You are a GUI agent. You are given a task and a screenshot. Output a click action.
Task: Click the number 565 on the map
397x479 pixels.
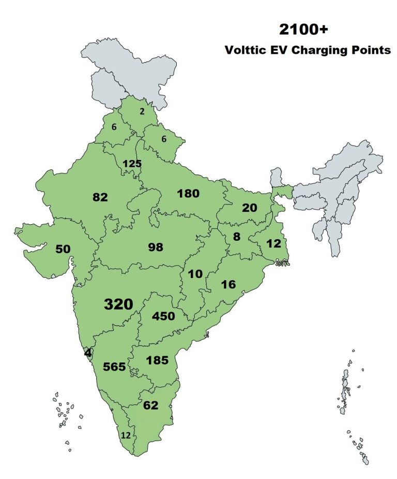(115, 367)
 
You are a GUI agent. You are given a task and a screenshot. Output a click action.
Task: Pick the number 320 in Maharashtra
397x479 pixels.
(118, 304)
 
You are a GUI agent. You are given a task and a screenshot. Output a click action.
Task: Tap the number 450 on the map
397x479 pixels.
(164, 316)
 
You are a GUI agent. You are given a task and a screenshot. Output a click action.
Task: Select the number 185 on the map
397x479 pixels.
(157, 360)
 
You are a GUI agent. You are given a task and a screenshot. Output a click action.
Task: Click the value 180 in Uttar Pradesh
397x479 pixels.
(188, 194)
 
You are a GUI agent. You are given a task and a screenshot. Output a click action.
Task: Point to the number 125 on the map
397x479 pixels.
(132, 164)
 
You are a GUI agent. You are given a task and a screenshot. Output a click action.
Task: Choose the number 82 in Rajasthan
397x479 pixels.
(100, 197)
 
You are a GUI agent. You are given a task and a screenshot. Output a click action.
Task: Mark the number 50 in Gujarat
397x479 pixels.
(63, 249)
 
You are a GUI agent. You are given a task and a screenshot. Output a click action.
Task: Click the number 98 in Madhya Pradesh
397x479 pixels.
(155, 247)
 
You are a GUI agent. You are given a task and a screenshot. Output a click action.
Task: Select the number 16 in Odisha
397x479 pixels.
(228, 284)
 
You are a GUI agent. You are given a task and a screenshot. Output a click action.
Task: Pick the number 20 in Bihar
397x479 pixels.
(249, 208)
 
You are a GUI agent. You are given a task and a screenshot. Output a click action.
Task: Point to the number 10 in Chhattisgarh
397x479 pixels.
(195, 274)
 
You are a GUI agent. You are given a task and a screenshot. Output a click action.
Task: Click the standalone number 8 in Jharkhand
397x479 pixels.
(237, 237)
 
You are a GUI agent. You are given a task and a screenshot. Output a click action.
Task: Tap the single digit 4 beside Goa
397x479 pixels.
(88, 353)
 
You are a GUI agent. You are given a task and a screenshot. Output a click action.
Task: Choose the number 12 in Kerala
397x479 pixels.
(126, 436)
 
